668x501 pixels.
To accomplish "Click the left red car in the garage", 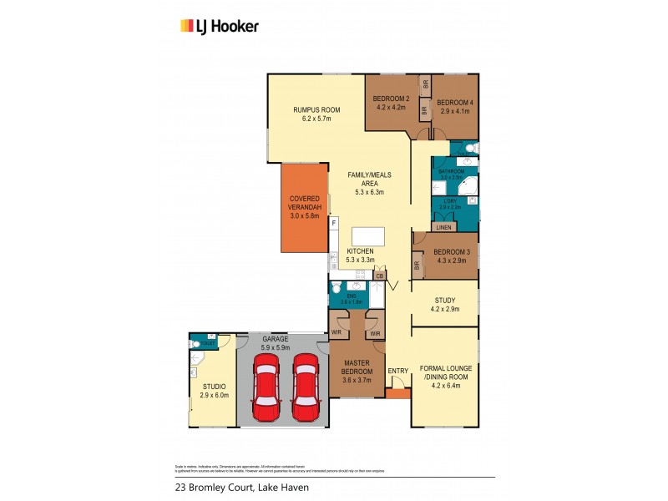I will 266,389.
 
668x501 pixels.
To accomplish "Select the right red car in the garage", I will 306,389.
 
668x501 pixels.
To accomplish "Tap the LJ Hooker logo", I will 220,26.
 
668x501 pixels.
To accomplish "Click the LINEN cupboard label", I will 444,227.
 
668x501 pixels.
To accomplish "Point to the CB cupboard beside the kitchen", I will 379,276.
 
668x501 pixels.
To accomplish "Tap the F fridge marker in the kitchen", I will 333,224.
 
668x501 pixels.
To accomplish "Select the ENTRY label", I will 398,371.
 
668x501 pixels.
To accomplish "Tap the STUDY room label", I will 445,301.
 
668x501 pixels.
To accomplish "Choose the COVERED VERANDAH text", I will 306,203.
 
